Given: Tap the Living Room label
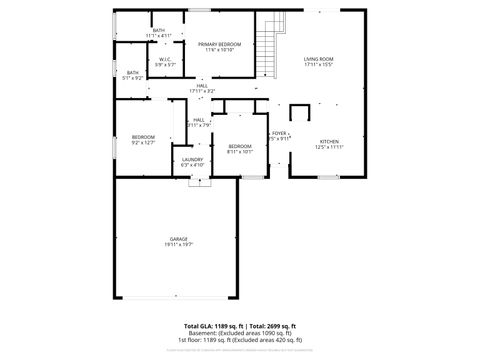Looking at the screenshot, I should click(319, 60).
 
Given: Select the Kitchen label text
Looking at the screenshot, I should click(330, 142).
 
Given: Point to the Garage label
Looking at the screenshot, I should click(179, 239).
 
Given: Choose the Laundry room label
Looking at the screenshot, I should click(193, 159).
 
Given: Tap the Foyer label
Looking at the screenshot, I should click(280, 133).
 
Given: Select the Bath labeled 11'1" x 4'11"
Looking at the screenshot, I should click(159, 32).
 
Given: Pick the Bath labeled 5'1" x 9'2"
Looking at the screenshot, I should click(133, 73).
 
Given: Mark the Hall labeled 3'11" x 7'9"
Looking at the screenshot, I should click(199, 124).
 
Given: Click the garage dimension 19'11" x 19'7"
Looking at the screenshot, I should click(179, 245).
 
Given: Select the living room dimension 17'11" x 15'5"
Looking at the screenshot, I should click(319, 66).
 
